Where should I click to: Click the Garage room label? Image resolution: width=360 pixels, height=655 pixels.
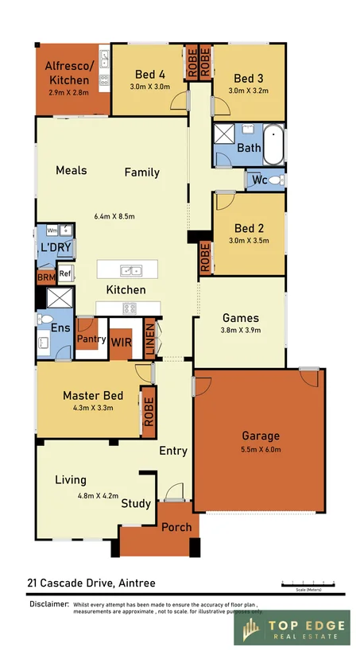click(261, 436)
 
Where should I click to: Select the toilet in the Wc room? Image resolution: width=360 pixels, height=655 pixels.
click(275, 181)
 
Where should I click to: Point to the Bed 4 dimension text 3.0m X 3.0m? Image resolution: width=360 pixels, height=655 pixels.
click(150, 87)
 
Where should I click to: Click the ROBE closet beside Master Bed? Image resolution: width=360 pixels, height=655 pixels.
click(148, 411)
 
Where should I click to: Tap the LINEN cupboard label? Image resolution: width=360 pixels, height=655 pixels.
click(149, 336)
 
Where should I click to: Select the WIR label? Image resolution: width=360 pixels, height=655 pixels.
click(122, 343)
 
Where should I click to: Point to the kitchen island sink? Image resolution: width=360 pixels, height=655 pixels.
click(127, 269)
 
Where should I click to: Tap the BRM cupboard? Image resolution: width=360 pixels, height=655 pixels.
click(45, 278)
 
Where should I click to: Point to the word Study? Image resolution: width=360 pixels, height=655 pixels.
click(136, 503)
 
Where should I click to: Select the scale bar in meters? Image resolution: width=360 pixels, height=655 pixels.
click(310, 585)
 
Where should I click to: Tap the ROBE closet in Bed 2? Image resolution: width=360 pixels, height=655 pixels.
click(205, 257)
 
